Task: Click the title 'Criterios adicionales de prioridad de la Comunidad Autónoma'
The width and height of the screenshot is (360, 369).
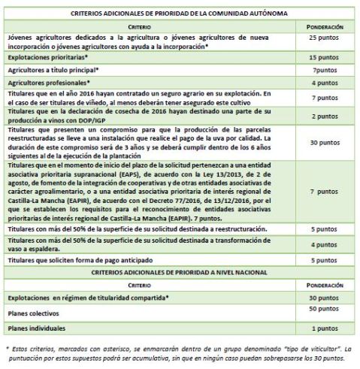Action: pyautogui.click(x=180, y=13)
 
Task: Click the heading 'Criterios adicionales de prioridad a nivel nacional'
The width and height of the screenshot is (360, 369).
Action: pyautogui.click(x=180, y=272)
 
